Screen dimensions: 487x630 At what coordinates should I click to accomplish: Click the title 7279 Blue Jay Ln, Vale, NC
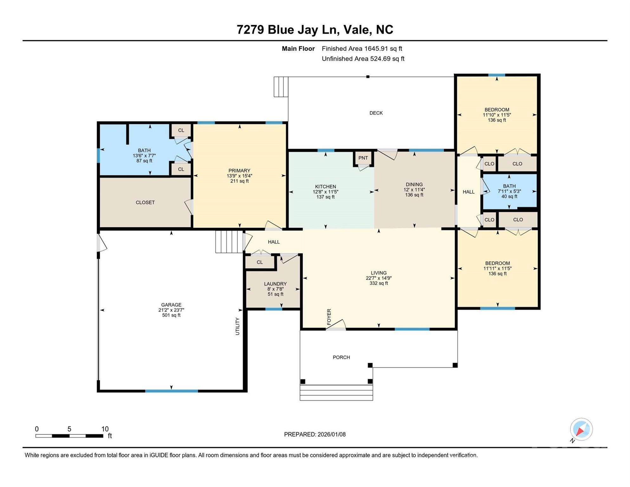(315, 29)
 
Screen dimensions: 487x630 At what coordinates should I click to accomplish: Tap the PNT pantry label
(363, 158)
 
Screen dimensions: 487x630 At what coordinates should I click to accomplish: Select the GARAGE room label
(171, 305)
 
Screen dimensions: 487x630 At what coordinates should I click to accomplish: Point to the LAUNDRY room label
(275, 284)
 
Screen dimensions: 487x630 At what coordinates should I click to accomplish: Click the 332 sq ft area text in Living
(378, 283)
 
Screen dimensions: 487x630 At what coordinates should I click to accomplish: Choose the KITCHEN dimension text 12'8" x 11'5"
(325, 192)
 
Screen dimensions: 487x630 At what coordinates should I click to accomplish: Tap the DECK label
(376, 113)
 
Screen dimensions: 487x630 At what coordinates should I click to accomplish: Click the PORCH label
(341, 357)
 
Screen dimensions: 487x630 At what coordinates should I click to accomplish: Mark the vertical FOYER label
(329, 317)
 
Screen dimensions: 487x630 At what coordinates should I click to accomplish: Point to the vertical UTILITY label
(237, 326)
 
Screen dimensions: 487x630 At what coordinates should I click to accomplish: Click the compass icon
(581, 429)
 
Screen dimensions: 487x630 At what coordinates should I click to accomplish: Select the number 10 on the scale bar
(105, 429)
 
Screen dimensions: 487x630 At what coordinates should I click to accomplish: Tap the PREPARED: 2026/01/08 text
(315, 434)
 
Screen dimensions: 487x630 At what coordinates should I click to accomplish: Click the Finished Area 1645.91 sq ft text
(362, 49)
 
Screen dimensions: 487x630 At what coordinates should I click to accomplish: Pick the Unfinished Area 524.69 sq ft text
(363, 59)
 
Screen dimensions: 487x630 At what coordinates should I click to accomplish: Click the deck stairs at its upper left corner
(281, 87)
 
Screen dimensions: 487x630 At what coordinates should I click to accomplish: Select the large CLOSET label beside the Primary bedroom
(145, 202)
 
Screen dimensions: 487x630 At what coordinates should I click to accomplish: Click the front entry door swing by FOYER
(337, 325)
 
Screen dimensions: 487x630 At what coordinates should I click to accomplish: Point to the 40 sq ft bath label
(509, 197)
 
